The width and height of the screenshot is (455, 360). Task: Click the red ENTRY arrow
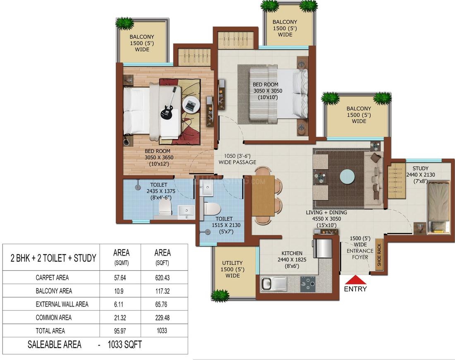[x=355, y=280]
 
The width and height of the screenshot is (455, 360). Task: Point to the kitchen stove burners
[x=307, y=284]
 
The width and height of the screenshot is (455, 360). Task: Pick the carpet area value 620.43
[x=162, y=278]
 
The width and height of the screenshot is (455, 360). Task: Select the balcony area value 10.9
[x=121, y=291]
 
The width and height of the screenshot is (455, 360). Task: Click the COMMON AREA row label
[x=53, y=317]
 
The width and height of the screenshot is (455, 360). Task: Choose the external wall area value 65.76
[x=162, y=304]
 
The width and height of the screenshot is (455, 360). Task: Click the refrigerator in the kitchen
[x=323, y=247]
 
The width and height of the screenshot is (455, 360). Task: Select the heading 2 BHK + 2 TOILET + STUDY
[x=53, y=258]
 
